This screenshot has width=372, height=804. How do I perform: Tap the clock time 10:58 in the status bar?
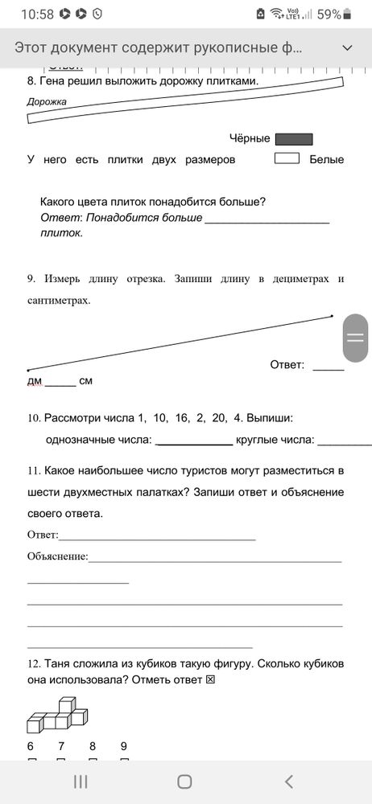click(x=36, y=14)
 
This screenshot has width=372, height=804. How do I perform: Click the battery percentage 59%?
click(x=329, y=14)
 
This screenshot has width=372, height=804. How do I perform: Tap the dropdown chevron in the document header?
click(x=347, y=47)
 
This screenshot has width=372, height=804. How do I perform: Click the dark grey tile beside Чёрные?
click(x=294, y=139)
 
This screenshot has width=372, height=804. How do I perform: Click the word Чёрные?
click(x=250, y=139)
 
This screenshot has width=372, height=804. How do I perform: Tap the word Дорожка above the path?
click(x=47, y=102)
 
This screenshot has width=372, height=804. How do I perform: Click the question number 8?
click(x=31, y=81)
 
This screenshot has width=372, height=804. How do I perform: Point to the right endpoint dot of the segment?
click(x=332, y=317)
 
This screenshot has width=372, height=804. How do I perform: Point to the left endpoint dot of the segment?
click(x=28, y=370)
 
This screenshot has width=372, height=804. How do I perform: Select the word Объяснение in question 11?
click(x=57, y=556)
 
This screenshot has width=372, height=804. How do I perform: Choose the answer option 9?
click(x=124, y=745)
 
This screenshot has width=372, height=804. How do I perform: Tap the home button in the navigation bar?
click(x=184, y=781)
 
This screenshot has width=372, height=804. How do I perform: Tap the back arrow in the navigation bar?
click(x=290, y=781)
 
